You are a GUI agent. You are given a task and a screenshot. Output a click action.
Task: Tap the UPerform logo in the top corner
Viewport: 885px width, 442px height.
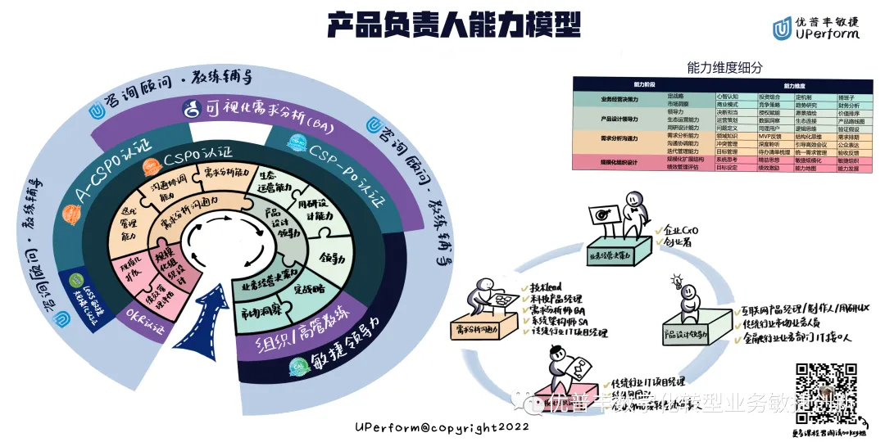(x=816, y=28)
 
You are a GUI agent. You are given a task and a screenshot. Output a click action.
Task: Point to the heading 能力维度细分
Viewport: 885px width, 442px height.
(x=724, y=68)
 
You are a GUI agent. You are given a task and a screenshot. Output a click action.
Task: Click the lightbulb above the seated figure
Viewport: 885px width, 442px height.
(x=678, y=282)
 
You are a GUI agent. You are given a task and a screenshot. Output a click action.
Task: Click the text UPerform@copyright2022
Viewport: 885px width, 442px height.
(x=442, y=426)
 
